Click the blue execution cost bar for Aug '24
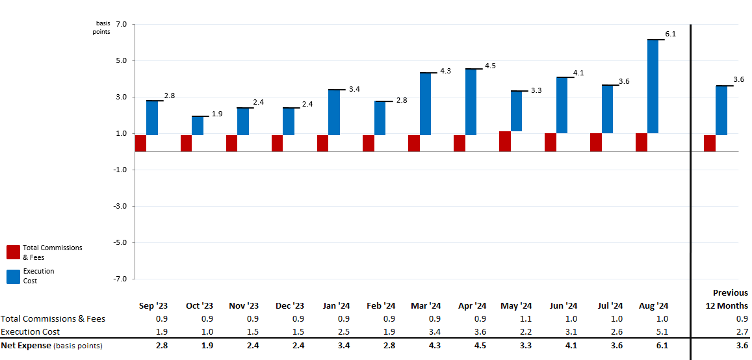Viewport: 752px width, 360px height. click(653, 86)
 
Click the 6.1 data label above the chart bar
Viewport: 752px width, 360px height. click(671, 34)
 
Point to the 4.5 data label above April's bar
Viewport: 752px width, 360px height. click(490, 66)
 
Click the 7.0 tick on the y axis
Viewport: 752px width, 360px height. click(122, 25)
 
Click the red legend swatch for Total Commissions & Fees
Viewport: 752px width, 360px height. click(13, 252)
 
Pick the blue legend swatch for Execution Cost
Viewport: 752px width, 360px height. click(13, 276)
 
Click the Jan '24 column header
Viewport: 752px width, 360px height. click(335, 306)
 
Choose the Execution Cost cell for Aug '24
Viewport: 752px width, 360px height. click(662, 332)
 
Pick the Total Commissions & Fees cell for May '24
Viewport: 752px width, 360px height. click(525, 319)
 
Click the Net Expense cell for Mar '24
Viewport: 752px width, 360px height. click(434, 346)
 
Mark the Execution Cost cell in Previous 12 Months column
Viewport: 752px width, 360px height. click(742, 332)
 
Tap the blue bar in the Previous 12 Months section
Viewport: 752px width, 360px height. click(721, 110)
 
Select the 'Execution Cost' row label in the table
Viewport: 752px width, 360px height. click(31, 332)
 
